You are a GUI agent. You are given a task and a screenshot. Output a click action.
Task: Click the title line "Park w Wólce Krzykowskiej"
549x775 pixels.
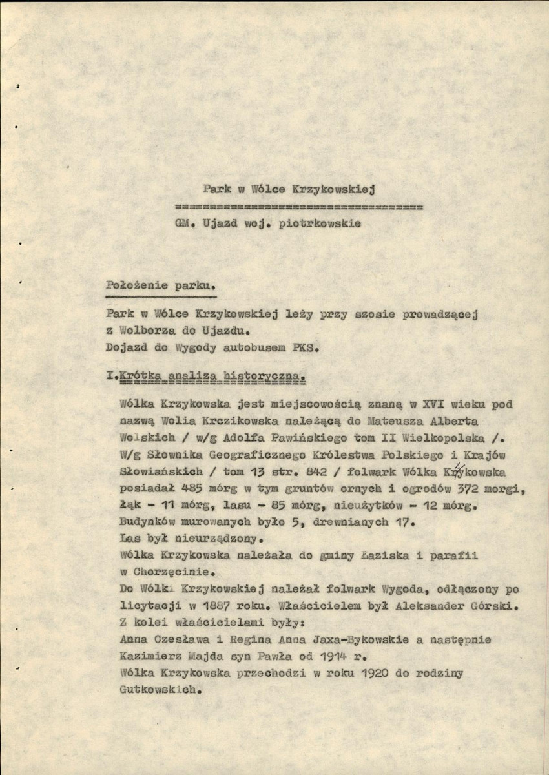coord(289,190)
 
